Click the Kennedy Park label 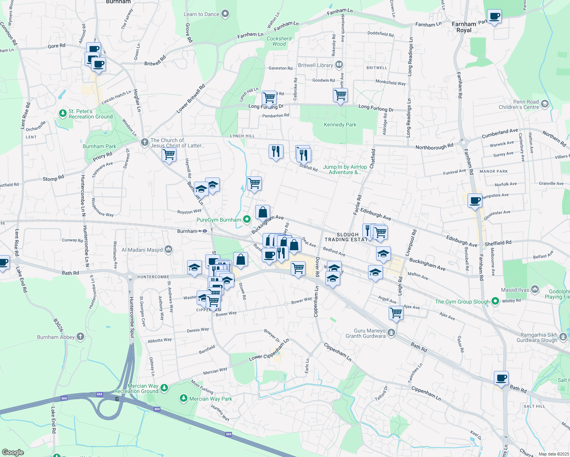click(340, 125)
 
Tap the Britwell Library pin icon click(339, 65)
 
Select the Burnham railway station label click(187, 231)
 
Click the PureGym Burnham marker click(247, 219)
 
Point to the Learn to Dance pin click(225, 14)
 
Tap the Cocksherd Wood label click(279, 41)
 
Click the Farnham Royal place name click(464, 27)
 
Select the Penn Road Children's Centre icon click(544, 104)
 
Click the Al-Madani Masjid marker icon click(168, 250)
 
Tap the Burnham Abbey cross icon click(80, 337)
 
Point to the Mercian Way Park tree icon click(184, 398)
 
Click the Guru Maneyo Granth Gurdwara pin click(391, 333)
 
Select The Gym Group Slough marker click(495, 302)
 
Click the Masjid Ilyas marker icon click(535, 290)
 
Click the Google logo click(13, 452)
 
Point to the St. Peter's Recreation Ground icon click(63, 113)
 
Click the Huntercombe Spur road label click(132, 317)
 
